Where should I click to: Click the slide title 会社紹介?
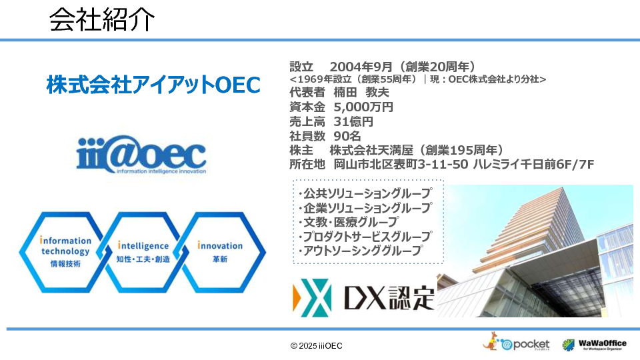(x=102, y=19)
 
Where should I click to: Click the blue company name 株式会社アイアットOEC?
(x=153, y=85)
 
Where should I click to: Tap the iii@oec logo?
(x=141, y=155)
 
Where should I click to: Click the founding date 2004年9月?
(x=361, y=67)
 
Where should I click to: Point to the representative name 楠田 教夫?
(x=361, y=93)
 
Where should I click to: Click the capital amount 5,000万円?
(x=363, y=107)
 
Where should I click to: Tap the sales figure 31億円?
(x=353, y=121)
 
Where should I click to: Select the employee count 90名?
(x=347, y=136)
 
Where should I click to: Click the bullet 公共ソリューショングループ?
(x=365, y=193)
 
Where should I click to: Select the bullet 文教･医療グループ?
(x=348, y=222)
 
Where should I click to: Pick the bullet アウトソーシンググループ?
(x=361, y=251)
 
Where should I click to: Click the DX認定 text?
(x=389, y=298)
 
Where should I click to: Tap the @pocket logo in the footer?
(x=516, y=342)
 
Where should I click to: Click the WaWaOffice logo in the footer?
(x=594, y=345)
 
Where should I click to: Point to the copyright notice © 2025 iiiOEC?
(x=316, y=346)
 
